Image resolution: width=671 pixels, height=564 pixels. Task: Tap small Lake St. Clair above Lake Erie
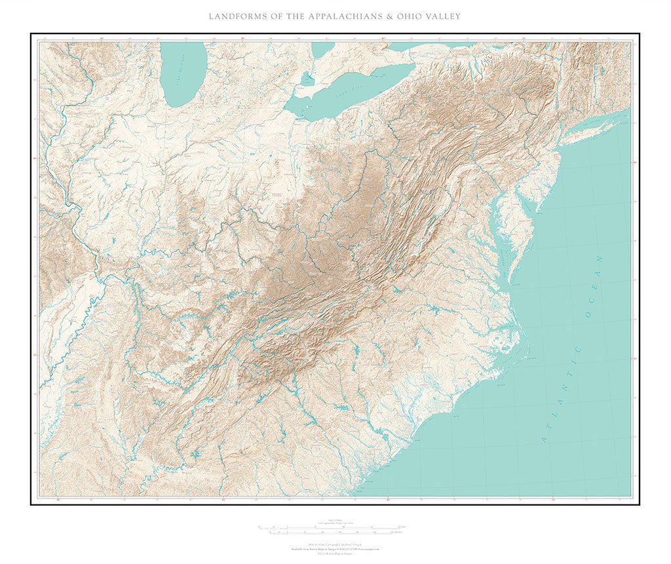tap(307, 79)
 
